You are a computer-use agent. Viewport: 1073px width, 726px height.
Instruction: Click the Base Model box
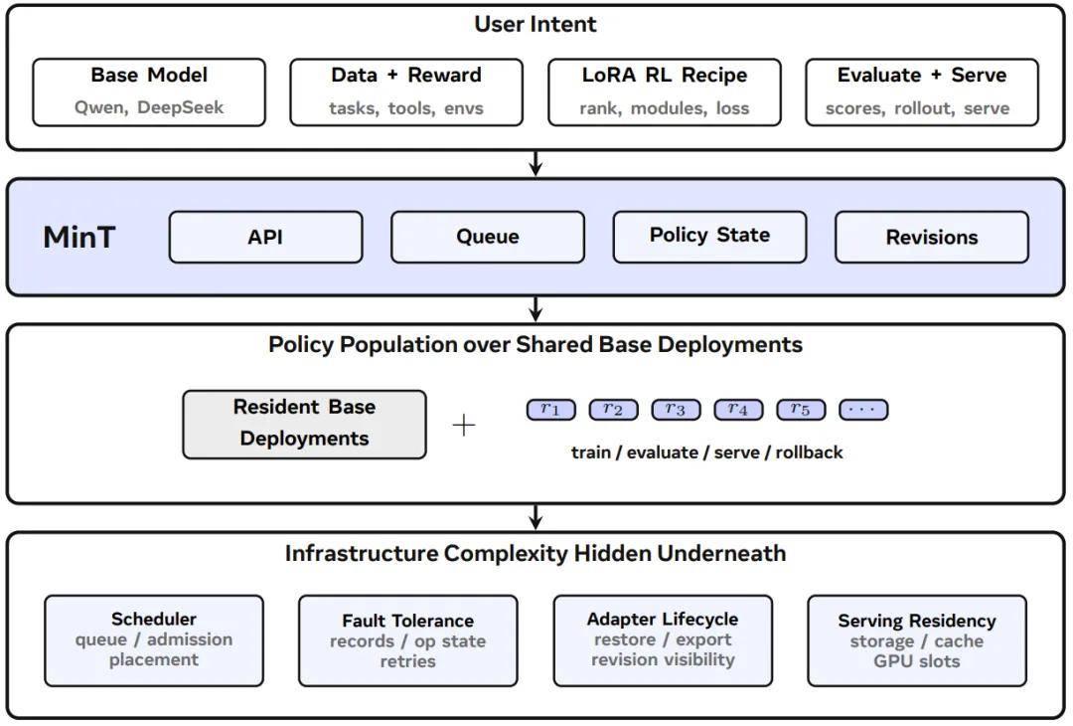pyautogui.click(x=149, y=92)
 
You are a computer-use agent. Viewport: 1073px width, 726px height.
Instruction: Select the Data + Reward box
pyautogui.click(x=406, y=92)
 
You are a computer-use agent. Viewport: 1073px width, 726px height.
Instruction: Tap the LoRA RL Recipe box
pyautogui.click(x=665, y=92)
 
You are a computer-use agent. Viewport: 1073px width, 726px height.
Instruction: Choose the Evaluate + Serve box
pyautogui.click(x=922, y=92)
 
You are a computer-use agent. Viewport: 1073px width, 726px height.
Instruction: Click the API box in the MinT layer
pyautogui.click(x=265, y=237)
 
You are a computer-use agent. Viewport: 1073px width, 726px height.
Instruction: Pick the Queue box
pyautogui.click(x=488, y=237)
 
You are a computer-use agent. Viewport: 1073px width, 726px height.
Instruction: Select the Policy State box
pyautogui.click(x=709, y=237)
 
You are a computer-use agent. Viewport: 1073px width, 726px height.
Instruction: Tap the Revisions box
pyautogui.click(x=932, y=237)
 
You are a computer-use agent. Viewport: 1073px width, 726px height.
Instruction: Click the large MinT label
pyautogui.click(x=79, y=238)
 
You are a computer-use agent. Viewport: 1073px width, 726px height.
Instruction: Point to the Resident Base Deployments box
pyautogui.click(x=305, y=425)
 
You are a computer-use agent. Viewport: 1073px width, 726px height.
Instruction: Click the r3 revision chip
pyautogui.click(x=676, y=410)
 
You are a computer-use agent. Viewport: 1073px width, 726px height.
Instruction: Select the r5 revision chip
pyautogui.click(x=801, y=410)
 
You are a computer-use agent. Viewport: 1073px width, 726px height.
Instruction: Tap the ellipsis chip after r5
pyautogui.click(x=863, y=410)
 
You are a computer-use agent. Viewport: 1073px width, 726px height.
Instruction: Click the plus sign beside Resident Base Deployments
pyautogui.click(x=464, y=426)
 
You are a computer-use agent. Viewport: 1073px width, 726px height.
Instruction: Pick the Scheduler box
pyautogui.click(x=154, y=641)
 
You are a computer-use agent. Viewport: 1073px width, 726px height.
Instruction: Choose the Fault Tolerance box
pyautogui.click(x=408, y=641)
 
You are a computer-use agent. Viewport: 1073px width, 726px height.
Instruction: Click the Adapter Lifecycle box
pyautogui.click(x=663, y=641)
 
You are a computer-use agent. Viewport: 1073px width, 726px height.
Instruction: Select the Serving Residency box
pyautogui.click(x=917, y=641)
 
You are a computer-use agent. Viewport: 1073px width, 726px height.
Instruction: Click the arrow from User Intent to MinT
pyautogui.click(x=536, y=163)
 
